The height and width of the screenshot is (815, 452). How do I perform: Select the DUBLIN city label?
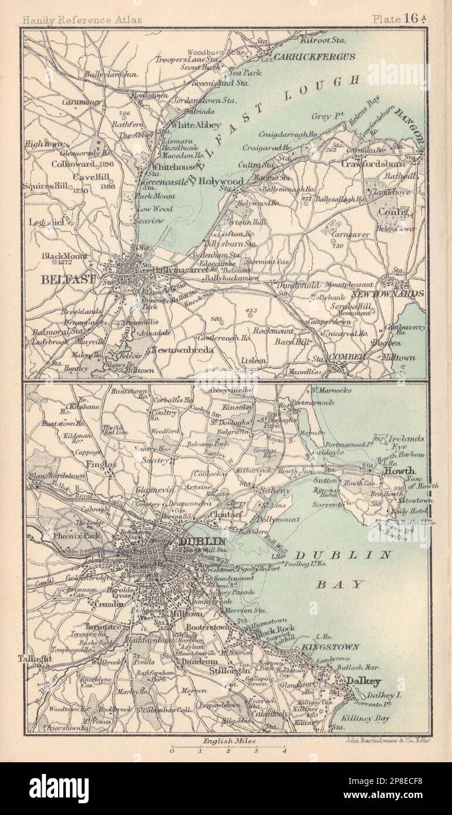203,541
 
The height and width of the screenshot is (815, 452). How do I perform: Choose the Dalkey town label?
364,681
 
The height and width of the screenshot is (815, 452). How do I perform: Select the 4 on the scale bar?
284,750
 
